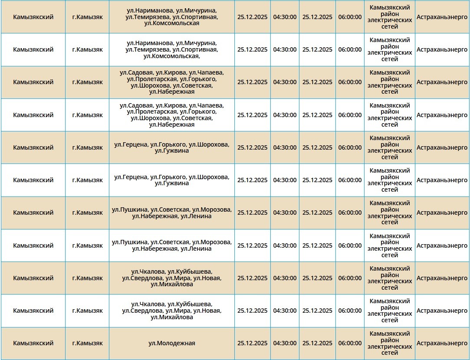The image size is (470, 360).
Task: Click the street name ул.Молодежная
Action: (171, 343)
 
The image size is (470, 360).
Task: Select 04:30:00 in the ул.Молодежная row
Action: (285, 343)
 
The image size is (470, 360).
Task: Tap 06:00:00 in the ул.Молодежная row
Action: (350, 343)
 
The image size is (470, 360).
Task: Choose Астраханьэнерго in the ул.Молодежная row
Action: (442, 343)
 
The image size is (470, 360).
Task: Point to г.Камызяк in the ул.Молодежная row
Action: (87, 343)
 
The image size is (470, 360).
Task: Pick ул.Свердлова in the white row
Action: (142, 311)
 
